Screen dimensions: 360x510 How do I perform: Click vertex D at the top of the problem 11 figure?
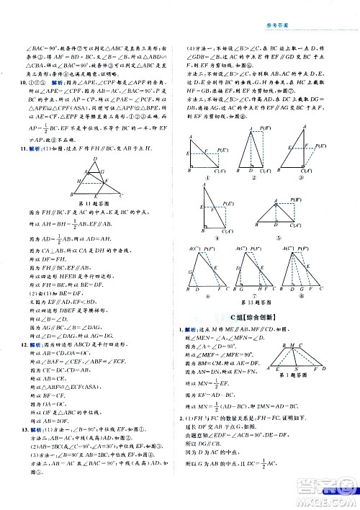[94, 158]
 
